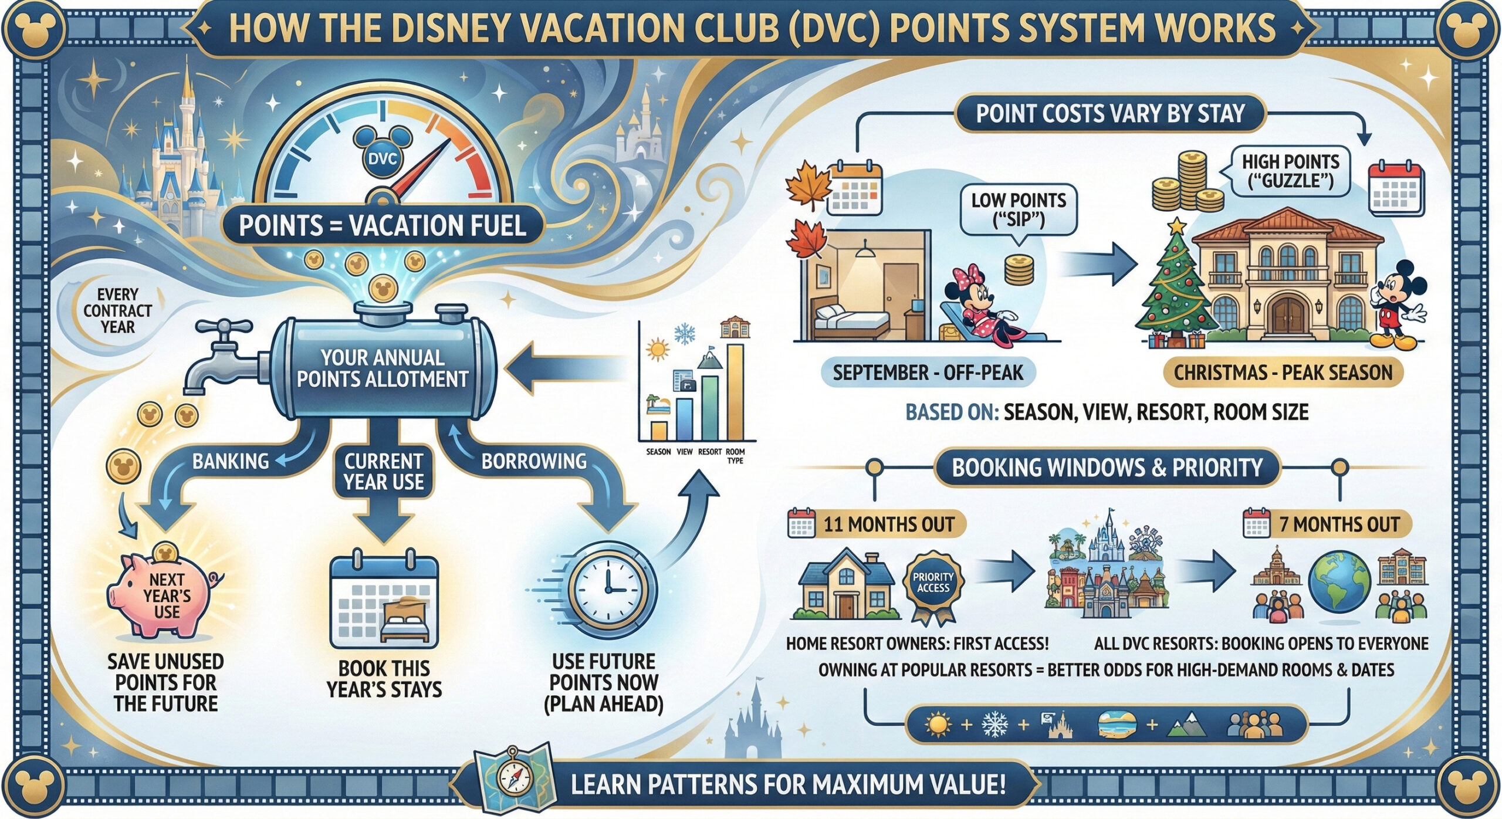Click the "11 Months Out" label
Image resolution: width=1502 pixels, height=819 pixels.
(x=888, y=524)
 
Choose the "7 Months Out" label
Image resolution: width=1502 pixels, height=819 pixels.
(x=1339, y=524)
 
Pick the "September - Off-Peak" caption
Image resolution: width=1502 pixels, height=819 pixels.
(x=927, y=373)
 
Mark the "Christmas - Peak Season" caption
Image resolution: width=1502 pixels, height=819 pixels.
(x=1283, y=373)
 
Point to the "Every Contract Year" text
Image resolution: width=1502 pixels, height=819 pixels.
(x=117, y=310)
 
